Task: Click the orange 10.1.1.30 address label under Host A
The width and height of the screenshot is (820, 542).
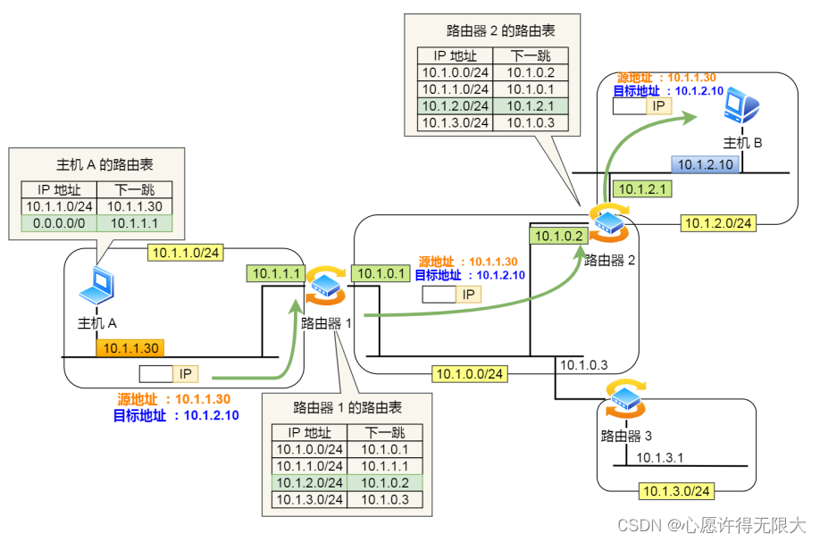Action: click(130, 349)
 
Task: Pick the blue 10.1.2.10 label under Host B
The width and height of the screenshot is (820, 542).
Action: click(705, 163)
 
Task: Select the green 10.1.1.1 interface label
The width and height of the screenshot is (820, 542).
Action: click(275, 273)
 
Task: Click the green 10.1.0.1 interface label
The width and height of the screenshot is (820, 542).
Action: click(379, 273)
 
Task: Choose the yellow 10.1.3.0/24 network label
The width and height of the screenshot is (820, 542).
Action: click(676, 490)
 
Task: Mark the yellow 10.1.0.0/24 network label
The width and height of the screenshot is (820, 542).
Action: click(469, 372)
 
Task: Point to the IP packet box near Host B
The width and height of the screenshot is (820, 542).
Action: click(642, 105)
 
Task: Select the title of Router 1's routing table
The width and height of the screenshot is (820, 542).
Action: click(347, 407)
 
